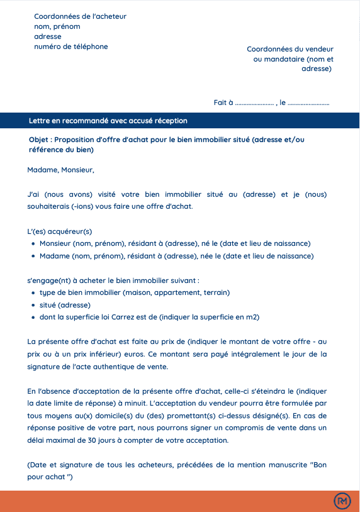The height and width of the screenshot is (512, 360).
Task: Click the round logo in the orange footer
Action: pos(342,501)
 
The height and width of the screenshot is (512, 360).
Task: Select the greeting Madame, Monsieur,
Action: pos(60,170)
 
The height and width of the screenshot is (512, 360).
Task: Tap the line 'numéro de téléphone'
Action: pos(71,47)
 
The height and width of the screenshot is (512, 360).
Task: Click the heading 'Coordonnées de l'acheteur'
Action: pos(80,16)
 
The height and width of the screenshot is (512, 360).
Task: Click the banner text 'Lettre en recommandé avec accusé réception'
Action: pos(108,121)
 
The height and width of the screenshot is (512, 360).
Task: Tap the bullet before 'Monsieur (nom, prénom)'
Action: pos(33,243)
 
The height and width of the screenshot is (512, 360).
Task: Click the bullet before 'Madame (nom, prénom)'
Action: pos(33,256)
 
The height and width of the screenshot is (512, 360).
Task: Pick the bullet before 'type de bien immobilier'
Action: pos(33,292)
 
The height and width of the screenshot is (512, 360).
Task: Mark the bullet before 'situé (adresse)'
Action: pos(33,305)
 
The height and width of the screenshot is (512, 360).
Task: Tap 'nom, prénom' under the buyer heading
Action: pos(57,26)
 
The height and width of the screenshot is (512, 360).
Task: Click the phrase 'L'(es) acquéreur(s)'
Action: pos(60,231)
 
